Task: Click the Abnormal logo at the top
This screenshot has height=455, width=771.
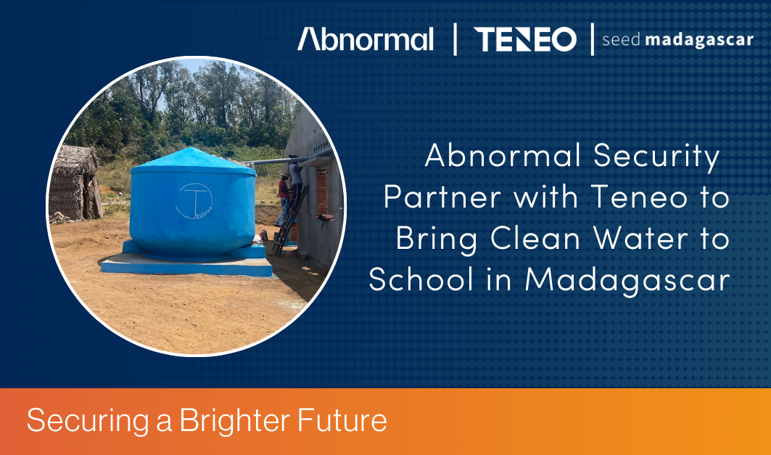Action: point(366,39)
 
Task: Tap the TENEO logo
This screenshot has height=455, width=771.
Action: point(524,39)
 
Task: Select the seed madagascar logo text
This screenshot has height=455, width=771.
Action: point(677,40)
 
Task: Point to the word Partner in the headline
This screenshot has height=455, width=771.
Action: point(442,197)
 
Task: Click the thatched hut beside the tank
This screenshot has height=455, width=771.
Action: point(75,183)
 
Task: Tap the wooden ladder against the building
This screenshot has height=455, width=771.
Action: point(290,220)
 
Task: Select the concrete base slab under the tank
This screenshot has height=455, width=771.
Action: point(186,265)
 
